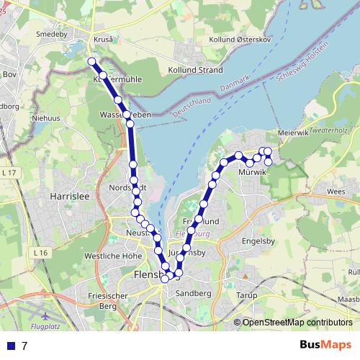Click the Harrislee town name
(68, 195)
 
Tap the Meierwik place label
(294, 132)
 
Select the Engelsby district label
(260, 242)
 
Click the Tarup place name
(246, 295)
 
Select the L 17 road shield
(9, 174)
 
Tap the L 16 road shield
(39, 253)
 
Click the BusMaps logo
(325, 346)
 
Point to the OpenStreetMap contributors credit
(297, 323)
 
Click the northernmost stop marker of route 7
(91, 62)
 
